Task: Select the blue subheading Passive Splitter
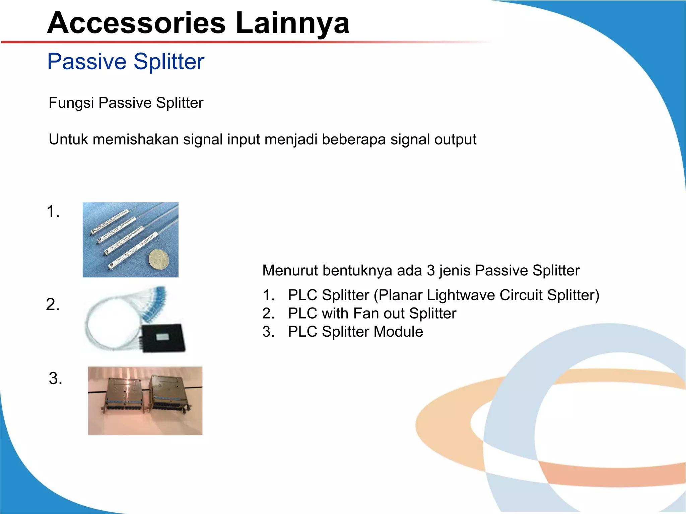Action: pos(126,62)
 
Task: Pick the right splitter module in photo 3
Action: pos(170,395)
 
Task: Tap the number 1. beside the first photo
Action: pos(53,211)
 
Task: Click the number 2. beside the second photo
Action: pos(53,305)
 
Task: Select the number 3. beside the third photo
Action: pos(56,378)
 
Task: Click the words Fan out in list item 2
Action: pos(379,314)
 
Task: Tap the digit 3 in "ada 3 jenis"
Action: pos(430,270)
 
